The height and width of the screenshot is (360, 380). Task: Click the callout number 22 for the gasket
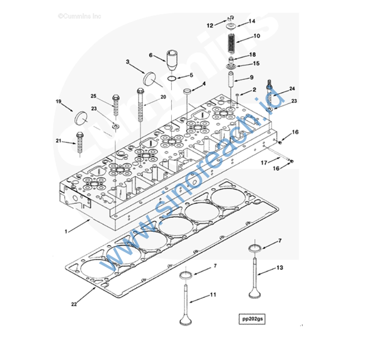point(74,304)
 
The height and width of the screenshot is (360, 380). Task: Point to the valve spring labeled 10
point(231,44)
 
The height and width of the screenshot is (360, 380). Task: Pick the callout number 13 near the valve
point(280,267)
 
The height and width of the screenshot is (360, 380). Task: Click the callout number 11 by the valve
point(212,295)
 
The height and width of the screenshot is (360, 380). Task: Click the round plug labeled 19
point(82,117)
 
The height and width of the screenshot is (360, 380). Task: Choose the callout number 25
point(94,96)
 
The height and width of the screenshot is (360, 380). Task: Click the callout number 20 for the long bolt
point(163,97)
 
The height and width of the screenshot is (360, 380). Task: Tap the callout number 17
point(264,163)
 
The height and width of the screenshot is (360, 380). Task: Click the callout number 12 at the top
point(209,25)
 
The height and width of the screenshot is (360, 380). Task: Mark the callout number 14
point(252,21)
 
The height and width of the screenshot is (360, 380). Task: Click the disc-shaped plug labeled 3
point(148,79)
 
